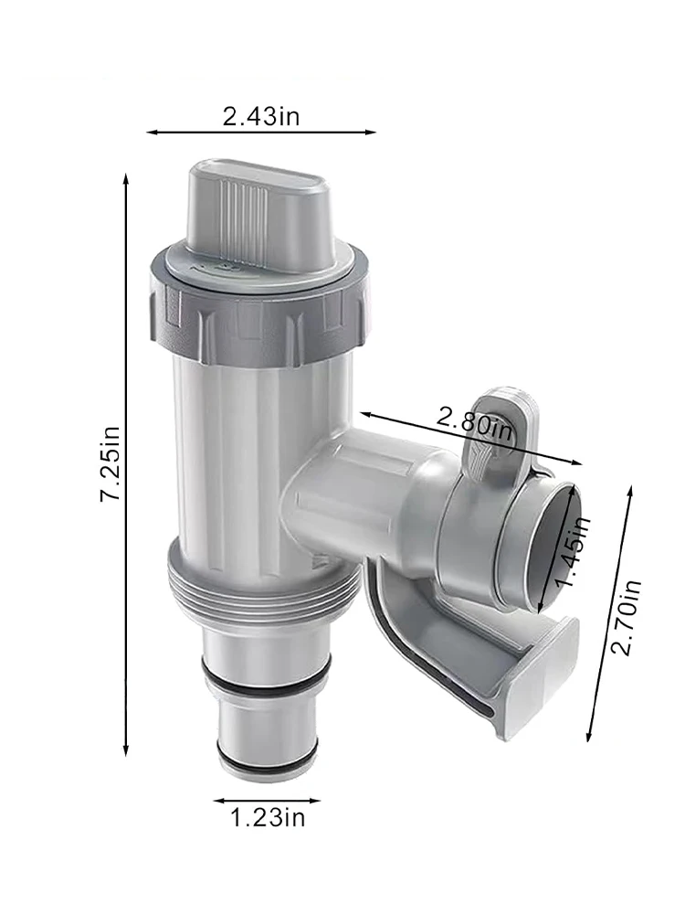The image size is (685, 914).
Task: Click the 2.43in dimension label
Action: pos(261,116)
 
